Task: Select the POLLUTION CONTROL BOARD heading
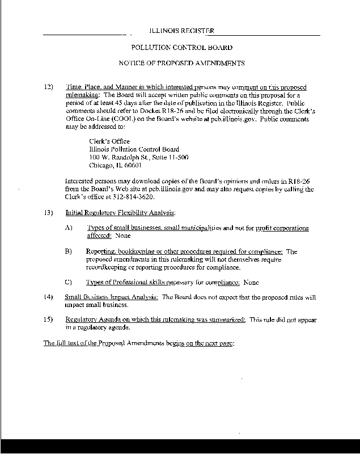pos(181,48)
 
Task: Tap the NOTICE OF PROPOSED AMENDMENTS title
pos(181,63)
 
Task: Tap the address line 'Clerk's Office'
pos(109,141)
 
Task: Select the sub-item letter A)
pos(69,228)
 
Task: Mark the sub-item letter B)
pos(69,251)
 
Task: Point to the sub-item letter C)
pos(69,281)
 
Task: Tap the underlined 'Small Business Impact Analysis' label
pos(111,297)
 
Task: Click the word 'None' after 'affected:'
pos(122,235)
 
